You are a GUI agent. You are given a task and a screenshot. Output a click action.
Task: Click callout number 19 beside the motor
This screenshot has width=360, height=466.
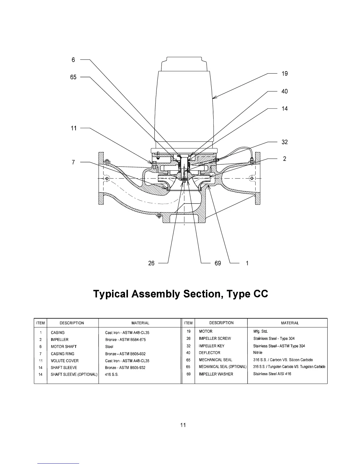click(284, 74)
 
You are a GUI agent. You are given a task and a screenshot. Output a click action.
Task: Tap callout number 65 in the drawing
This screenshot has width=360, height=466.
click(73, 77)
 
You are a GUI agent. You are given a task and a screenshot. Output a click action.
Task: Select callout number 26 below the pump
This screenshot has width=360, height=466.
click(151, 263)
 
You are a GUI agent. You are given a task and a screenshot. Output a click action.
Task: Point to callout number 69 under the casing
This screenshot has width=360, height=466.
click(218, 263)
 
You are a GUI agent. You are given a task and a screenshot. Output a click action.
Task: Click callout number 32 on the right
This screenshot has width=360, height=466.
click(284, 142)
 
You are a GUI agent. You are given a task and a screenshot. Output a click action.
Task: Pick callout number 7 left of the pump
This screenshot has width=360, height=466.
click(74, 162)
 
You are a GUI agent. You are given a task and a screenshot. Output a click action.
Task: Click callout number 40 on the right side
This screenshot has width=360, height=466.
click(284, 91)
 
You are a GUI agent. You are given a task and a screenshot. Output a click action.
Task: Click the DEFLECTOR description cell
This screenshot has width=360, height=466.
click(209, 353)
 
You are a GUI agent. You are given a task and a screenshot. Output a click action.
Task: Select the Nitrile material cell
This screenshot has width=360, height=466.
click(258, 352)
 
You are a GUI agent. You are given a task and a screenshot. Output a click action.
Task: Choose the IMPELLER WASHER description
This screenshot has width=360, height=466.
click(216, 374)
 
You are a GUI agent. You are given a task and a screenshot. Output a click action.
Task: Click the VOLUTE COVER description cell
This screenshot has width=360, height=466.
click(65, 361)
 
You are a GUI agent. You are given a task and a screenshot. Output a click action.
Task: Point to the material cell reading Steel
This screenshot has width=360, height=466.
click(109, 347)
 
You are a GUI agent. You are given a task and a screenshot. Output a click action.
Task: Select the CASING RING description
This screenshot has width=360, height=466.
click(63, 354)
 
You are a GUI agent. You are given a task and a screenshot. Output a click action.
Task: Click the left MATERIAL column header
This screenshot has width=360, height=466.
click(140, 323)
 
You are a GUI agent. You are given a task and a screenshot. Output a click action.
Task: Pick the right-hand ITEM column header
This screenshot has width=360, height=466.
click(188, 323)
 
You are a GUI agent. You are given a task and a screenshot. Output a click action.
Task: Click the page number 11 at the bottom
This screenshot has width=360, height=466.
click(183, 425)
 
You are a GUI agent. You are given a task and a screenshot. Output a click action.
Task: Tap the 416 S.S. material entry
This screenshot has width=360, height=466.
click(112, 375)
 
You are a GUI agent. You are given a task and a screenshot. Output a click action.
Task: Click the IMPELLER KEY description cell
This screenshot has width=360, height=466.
click(211, 346)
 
